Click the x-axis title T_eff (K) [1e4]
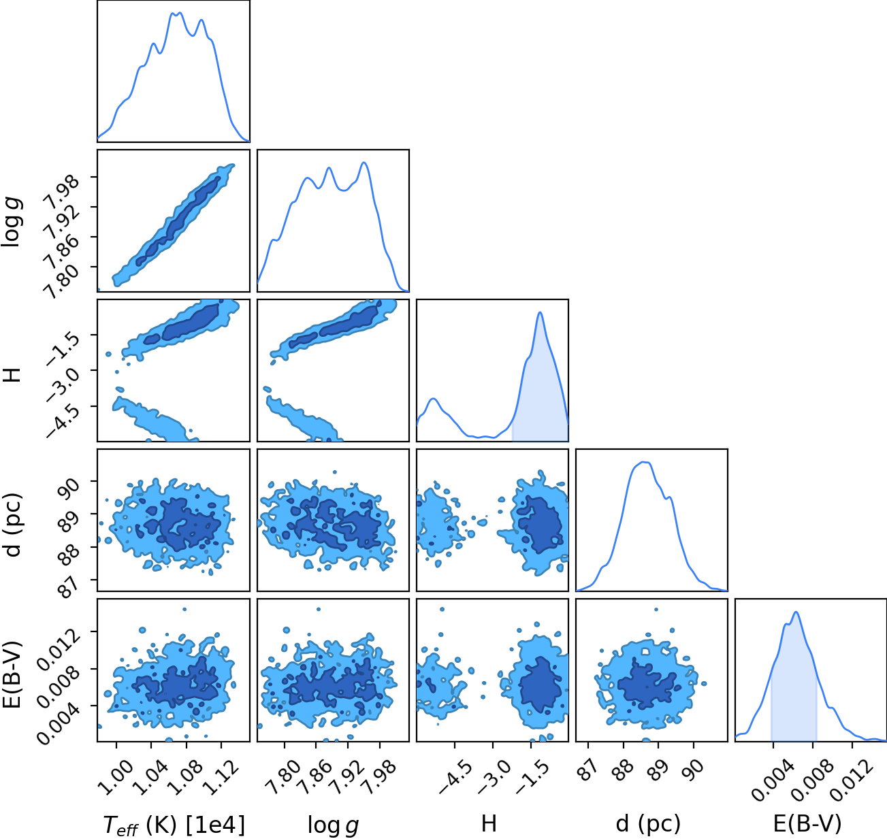[x=174, y=825]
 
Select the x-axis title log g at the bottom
[x=333, y=825]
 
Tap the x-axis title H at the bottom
[x=489, y=823]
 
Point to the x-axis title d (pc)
[x=648, y=825]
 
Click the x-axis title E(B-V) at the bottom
[x=807, y=824]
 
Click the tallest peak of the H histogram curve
[x=540, y=312]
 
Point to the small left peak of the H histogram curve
[x=434, y=399]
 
